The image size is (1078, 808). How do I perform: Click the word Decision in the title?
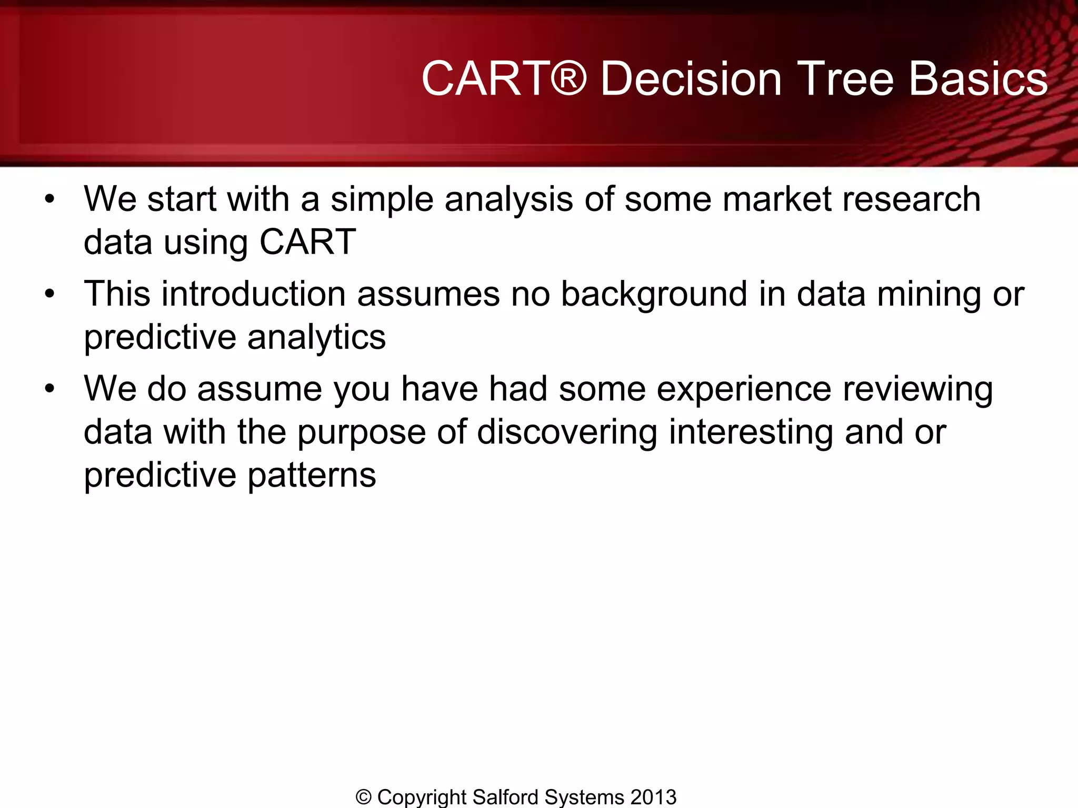[691, 79]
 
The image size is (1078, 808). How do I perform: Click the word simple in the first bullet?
[381, 200]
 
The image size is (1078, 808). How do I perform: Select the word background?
[654, 294]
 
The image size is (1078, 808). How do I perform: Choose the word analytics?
[316, 337]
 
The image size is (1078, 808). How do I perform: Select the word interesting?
[751, 432]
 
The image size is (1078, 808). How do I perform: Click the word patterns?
[312, 476]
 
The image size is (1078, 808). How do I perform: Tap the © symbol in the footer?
[364, 797]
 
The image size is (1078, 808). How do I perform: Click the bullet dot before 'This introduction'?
[49, 294]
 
